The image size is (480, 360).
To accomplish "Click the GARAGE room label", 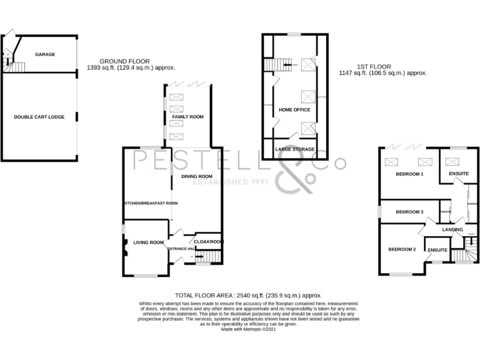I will tap(45, 54).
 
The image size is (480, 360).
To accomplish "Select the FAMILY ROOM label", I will tap(187, 117).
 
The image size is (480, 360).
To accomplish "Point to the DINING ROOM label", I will tap(197, 176).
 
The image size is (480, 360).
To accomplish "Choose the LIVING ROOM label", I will tap(149, 242).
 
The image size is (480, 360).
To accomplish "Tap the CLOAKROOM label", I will tap(208, 242).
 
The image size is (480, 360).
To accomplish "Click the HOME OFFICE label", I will tap(294, 109).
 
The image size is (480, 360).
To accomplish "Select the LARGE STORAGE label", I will tap(295, 149).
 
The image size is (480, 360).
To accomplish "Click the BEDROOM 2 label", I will tap(402, 249).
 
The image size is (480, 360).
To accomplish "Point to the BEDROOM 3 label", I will tap(409, 212).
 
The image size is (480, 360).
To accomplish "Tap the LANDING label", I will tap(452, 229).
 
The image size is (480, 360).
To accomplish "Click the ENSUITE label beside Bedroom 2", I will tap(437, 250).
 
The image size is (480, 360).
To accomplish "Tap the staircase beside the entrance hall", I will tap(212, 256).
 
